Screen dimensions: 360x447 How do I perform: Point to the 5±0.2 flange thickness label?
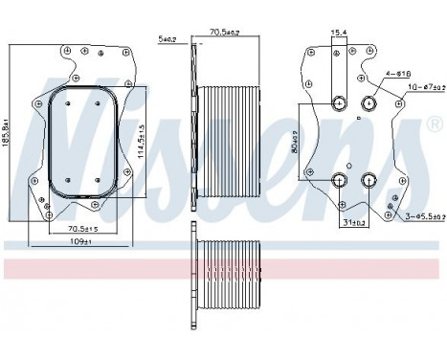coord(168,39)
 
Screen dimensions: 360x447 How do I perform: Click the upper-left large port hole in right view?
coord(339,104)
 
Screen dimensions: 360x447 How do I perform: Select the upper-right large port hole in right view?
coord(369,104)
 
